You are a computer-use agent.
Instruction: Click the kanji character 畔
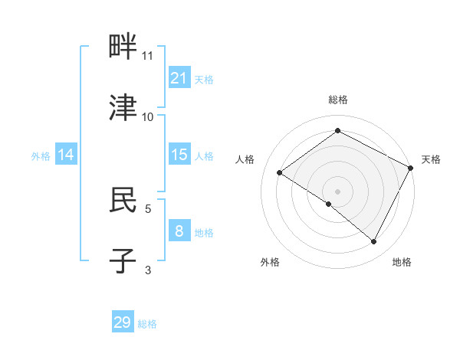tap(123, 47)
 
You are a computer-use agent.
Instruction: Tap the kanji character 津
tap(123, 108)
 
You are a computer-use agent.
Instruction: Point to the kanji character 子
tap(123, 260)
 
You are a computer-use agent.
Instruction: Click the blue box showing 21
tap(179, 78)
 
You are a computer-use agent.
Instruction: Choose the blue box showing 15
tap(179, 155)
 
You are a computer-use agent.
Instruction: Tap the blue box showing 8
tap(179, 231)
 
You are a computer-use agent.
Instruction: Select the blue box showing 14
tap(66, 155)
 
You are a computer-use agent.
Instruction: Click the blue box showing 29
tap(123, 322)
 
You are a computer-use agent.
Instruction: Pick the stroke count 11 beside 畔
tap(148, 56)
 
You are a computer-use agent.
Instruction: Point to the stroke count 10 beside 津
tap(148, 117)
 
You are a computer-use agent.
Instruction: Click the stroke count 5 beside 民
tap(148, 208)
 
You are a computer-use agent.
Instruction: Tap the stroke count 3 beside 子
tap(148, 269)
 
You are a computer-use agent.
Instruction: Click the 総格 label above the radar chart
tap(337, 100)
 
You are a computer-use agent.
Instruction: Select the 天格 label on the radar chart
tap(431, 159)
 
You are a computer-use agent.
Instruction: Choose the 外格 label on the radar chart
tap(270, 263)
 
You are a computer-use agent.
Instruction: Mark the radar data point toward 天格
tap(411, 168)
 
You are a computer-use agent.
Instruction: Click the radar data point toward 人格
tap(280, 173)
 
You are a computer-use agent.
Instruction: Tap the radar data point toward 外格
tap(329, 204)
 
